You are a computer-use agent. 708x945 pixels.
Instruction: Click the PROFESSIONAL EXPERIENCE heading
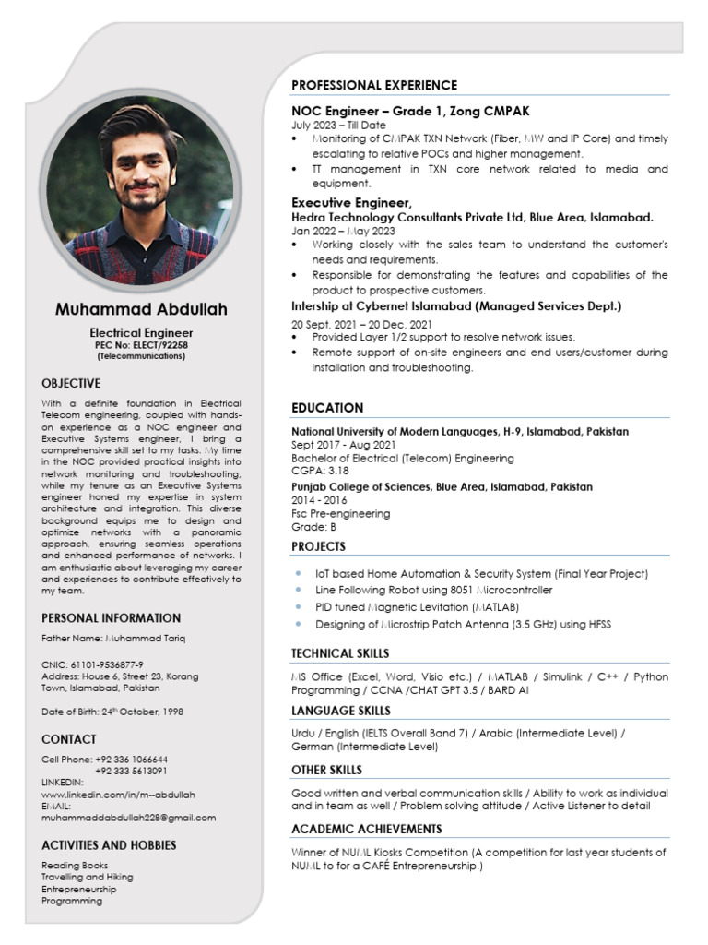[374, 85]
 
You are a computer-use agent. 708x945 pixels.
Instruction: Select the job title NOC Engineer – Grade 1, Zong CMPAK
[410, 111]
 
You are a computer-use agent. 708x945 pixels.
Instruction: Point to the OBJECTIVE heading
[71, 382]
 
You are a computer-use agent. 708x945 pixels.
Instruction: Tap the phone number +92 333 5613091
[130, 771]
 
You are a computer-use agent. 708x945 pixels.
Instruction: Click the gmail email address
[129, 817]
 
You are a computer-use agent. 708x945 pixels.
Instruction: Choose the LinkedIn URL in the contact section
[118, 794]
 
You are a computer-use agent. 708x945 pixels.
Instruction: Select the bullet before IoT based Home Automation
[297, 573]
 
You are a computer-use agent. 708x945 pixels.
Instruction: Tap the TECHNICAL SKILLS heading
[340, 653]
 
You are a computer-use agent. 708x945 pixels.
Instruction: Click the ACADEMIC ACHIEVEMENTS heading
[367, 829]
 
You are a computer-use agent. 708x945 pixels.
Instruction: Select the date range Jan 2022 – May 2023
[343, 231]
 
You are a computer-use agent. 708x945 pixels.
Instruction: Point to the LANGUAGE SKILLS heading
[341, 711]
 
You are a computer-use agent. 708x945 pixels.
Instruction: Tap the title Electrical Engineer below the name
[141, 332]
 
